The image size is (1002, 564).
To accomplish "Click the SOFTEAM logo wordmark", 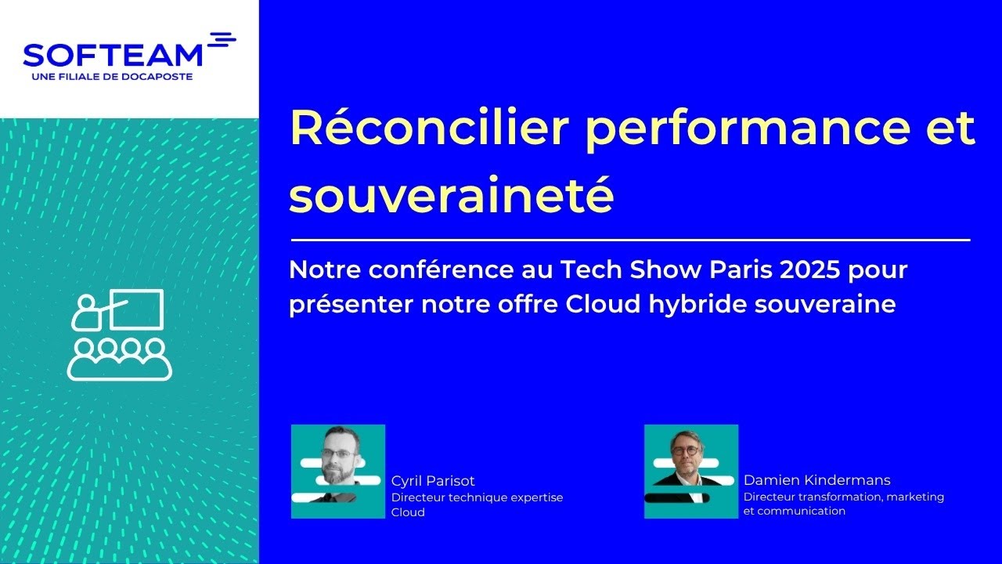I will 113,55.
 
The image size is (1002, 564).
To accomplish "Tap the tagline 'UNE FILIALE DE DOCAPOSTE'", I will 112,77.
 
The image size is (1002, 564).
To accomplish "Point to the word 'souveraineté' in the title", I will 451,196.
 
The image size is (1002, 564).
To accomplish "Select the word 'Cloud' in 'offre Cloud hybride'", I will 607,303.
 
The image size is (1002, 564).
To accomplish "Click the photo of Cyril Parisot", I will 338,472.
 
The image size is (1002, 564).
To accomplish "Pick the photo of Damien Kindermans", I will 691,472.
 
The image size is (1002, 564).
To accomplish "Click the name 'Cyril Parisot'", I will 433,481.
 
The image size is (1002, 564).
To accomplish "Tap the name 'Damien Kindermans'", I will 816,480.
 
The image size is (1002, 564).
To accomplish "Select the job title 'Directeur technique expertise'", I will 477,497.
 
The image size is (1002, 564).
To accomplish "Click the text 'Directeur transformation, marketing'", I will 843,497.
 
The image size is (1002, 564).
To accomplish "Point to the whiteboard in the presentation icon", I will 136,309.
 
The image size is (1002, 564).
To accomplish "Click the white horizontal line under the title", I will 630,240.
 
